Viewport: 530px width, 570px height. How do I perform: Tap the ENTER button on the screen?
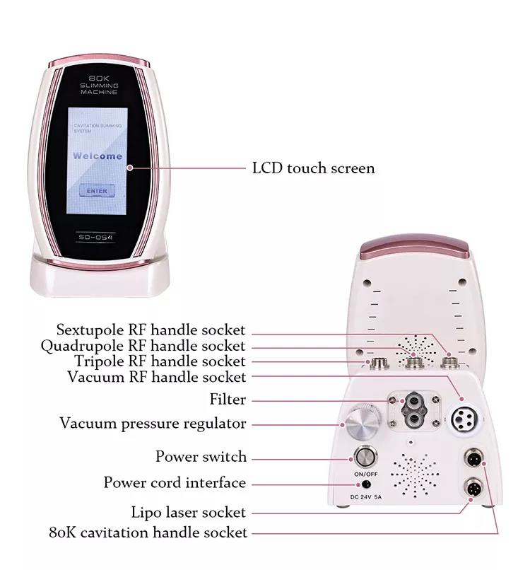tap(97, 190)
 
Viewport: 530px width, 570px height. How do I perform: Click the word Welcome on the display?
tap(98, 156)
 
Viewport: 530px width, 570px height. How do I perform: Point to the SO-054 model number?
tap(97, 235)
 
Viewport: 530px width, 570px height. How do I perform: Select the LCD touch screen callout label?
tap(314, 168)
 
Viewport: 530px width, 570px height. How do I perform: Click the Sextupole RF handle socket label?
tap(151, 330)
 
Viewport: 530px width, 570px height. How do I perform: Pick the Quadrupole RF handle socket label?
tap(143, 346)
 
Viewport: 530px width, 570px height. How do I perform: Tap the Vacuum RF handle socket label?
tap(157, 377)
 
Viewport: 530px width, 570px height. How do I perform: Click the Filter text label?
tap(228, 400)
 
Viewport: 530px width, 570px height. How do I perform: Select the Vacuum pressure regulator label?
tap(153, 424)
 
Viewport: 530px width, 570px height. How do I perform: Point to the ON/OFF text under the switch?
tap(365, 473)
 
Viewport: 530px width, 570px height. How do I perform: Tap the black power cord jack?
tap(366, 484)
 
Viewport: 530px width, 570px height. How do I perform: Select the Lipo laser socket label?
tap(189, 512)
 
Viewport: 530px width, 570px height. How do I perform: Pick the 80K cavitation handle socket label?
tap(148, 532)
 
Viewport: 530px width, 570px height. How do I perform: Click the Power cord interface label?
tap(175, 483)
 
